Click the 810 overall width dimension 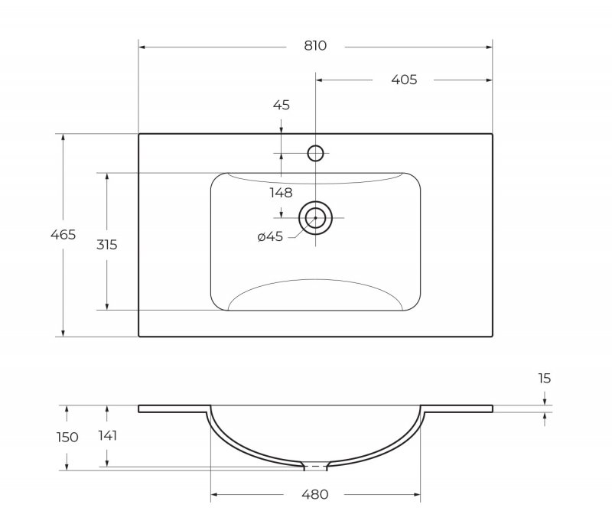tap(315, 46)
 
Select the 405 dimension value tap(404, 80)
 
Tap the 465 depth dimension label tap(63, 235)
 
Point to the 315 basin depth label tap(107, 245)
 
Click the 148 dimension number tap(281, 192)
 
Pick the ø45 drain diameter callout tap(270, 236)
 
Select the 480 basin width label tap(315, 494)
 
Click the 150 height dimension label tap(67, 437)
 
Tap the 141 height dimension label tap(107, 435)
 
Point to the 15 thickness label tap(545, 378)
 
